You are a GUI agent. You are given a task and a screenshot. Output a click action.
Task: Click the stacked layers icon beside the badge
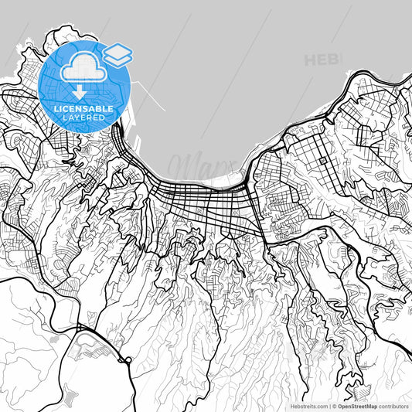pos(117,54)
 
